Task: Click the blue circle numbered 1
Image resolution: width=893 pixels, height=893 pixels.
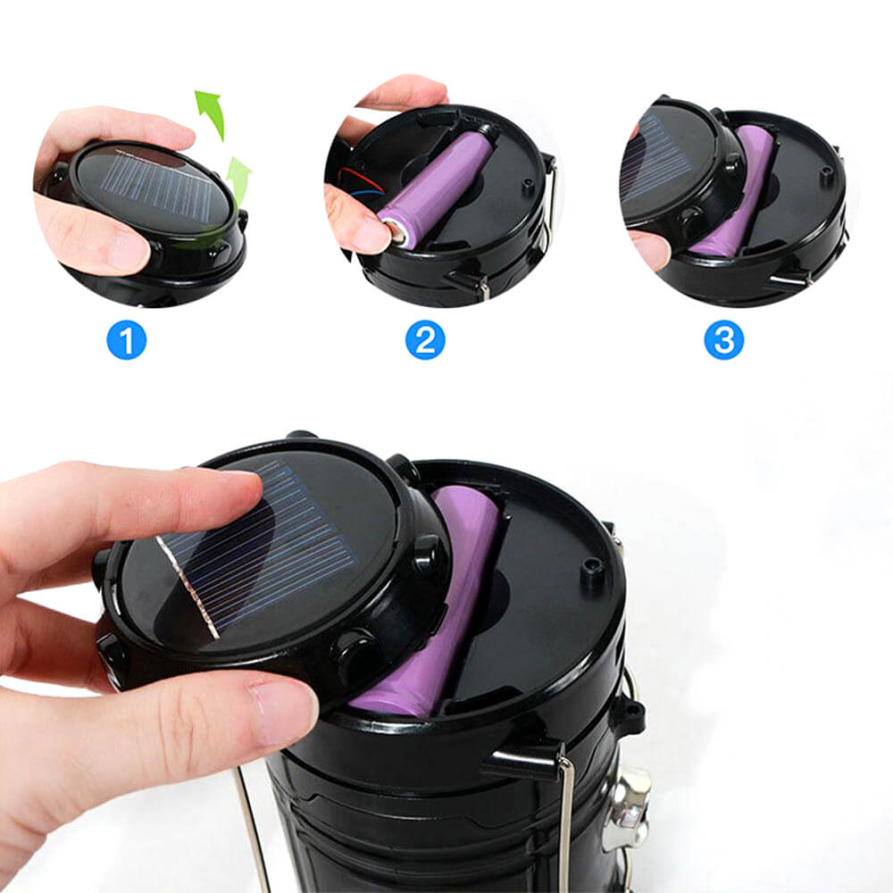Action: [x=126, y=340]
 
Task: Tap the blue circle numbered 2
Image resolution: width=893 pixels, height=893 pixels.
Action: [x=424, y=340]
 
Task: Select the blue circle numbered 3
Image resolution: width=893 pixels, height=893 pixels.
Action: [x=722, y=340]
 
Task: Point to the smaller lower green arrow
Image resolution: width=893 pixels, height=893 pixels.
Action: [x=238, y=177]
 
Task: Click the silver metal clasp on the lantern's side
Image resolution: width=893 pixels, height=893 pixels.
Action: [x=625, y=808]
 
